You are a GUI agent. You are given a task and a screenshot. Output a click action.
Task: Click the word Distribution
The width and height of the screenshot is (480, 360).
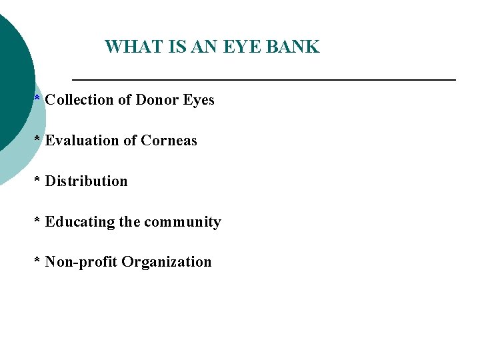[x=86, y=181]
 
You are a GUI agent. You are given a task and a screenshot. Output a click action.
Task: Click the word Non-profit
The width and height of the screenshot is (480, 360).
[x=81, y=262]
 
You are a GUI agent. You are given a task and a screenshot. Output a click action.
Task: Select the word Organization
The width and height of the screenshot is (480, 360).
[x=167, y=262]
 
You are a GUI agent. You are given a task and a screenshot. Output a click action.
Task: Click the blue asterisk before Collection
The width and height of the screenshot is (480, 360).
[x=37, y=99]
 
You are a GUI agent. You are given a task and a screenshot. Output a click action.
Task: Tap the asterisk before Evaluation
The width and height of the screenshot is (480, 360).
[x=37, y=139]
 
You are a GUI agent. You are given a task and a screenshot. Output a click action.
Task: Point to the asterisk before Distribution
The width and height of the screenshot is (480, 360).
[x=37, y=180]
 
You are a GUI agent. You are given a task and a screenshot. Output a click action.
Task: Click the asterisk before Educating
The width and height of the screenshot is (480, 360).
[x=37, y=221]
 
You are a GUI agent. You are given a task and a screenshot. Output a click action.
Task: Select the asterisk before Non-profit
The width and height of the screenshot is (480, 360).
[x=37, y=261]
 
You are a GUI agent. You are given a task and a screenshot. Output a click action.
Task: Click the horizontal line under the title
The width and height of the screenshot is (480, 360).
[x=263, y=80]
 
